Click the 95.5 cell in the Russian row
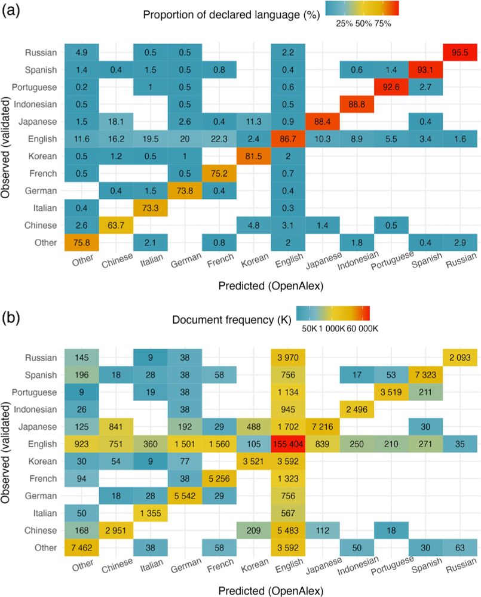(x=458, y=53)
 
